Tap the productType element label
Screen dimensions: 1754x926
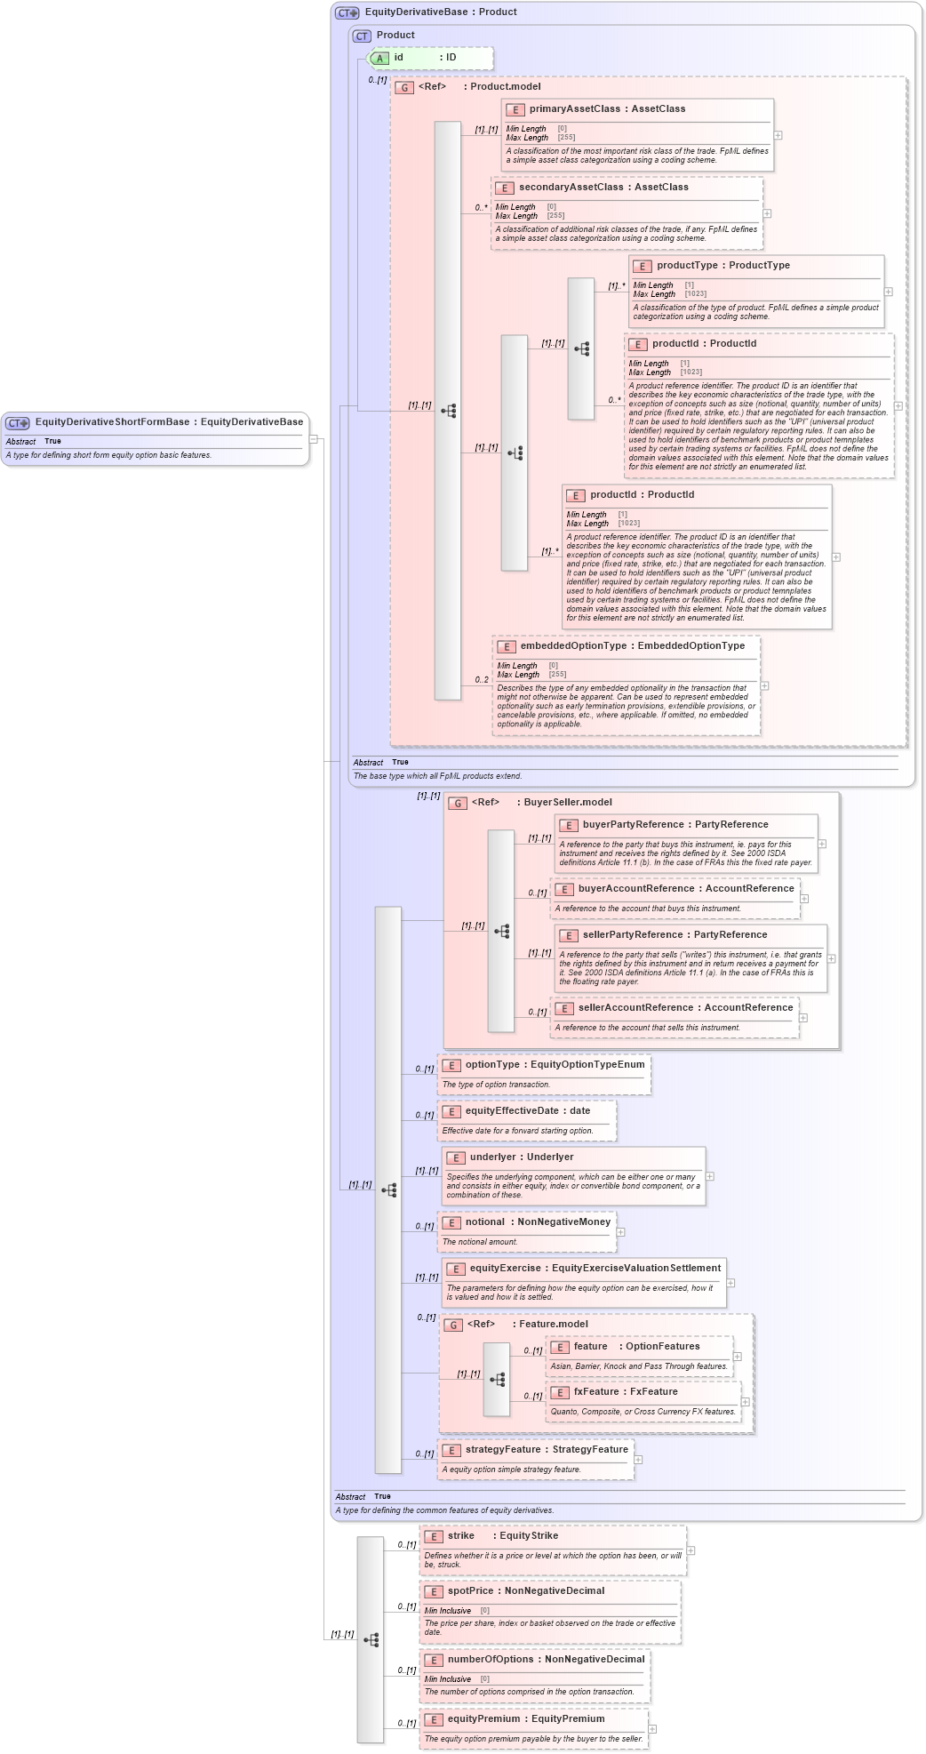(688, 265)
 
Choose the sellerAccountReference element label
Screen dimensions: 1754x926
(635, 1007)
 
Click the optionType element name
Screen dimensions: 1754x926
(492, 1064)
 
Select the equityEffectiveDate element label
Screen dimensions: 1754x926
(512, 1110)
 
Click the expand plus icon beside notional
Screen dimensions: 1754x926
(620, 1232)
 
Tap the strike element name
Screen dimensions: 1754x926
(460, 1535)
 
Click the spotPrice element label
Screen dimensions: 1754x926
(470, 1590)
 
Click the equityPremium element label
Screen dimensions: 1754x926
(483, 1718)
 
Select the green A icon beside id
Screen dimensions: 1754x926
(379, 58)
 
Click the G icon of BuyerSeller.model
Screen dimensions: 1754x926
(458, 803)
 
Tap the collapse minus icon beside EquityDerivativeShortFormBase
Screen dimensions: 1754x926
(313, 438)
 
